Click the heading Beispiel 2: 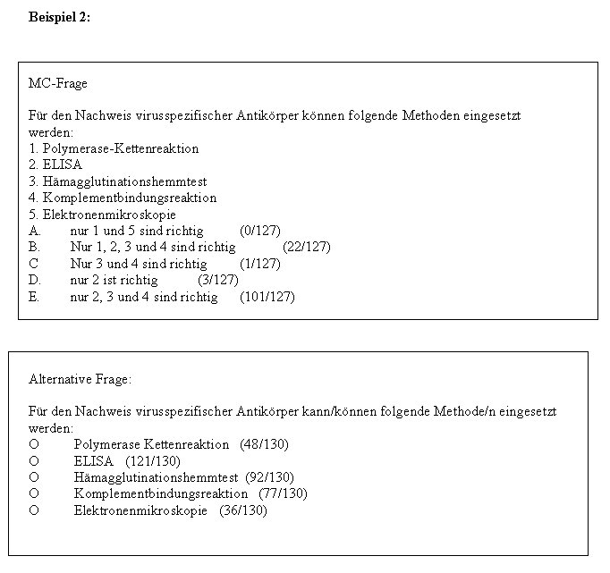[59, 17]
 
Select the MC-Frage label [58, 83]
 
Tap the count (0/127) [260, 230]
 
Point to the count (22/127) [307, 247]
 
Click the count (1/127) [260, 264]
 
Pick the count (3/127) [217, 280]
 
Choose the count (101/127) [267, 297]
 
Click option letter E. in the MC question [34, 297]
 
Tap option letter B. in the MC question [34, 247]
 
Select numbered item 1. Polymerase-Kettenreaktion [114, 148]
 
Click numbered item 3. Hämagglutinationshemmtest [117, 181]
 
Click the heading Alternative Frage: [80, 379]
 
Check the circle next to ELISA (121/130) [34, 461]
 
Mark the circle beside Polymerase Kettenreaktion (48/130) [34, 444]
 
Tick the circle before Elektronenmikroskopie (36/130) [34, 510]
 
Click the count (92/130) [270, 477]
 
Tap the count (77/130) [284, 493]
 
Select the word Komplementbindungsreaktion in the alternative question [161, 493]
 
